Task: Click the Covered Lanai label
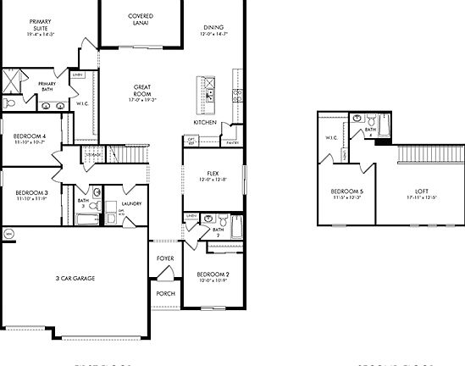(140, 19)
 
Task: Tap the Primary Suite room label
(39, 27)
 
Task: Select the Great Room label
(141, 90)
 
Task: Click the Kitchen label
(205, 123)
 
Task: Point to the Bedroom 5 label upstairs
(347, 194)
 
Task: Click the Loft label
(420, 194)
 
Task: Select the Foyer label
(164, 259)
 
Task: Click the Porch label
(164, 293)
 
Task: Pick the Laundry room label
(130, 203)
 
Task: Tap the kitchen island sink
(205, 88)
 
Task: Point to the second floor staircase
(430, 156)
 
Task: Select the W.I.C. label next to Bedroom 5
(331, 137)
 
